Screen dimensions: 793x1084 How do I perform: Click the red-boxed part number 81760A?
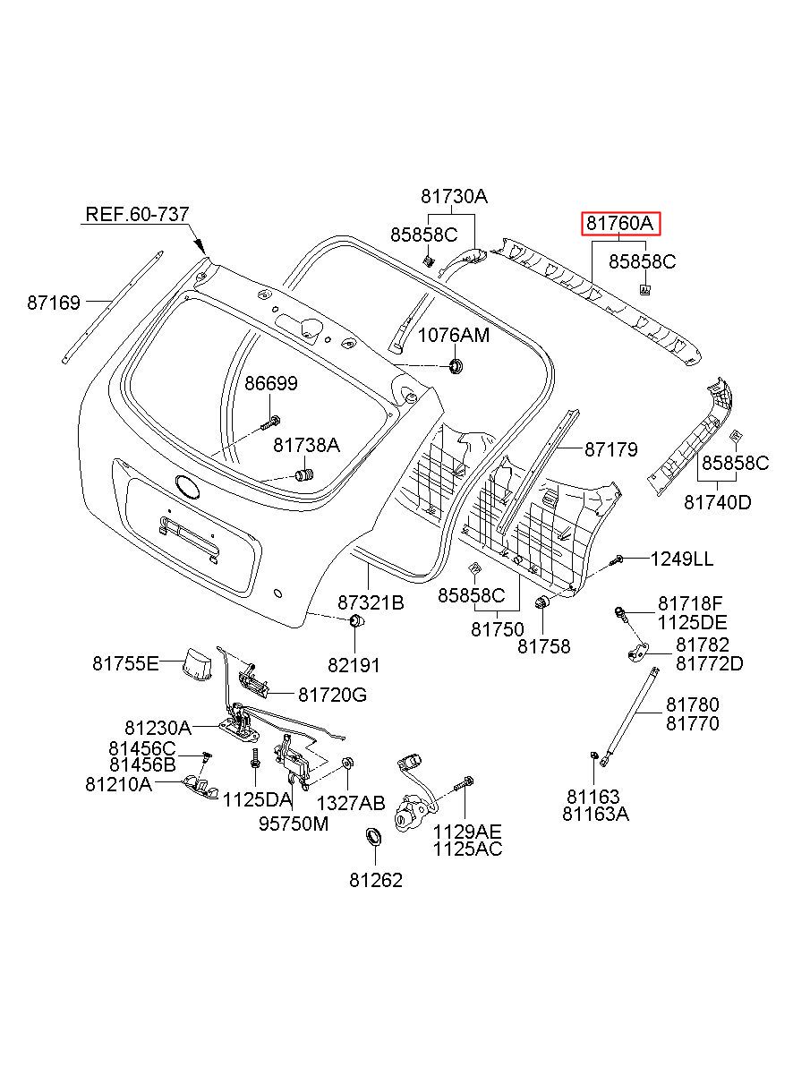(619, 223)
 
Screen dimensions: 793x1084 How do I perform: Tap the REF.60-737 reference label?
(137, 214)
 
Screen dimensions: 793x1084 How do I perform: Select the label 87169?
(54, 303)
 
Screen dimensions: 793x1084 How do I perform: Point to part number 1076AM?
(454, 335)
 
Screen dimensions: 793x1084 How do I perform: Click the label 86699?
(271, 384)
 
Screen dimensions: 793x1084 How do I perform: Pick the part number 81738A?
(307, 445)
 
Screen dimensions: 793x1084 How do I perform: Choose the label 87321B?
(371, 602)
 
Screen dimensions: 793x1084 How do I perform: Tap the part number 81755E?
(126, 663)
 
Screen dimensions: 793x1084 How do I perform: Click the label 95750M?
(294, 824)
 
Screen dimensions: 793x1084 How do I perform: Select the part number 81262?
(376, 880)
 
